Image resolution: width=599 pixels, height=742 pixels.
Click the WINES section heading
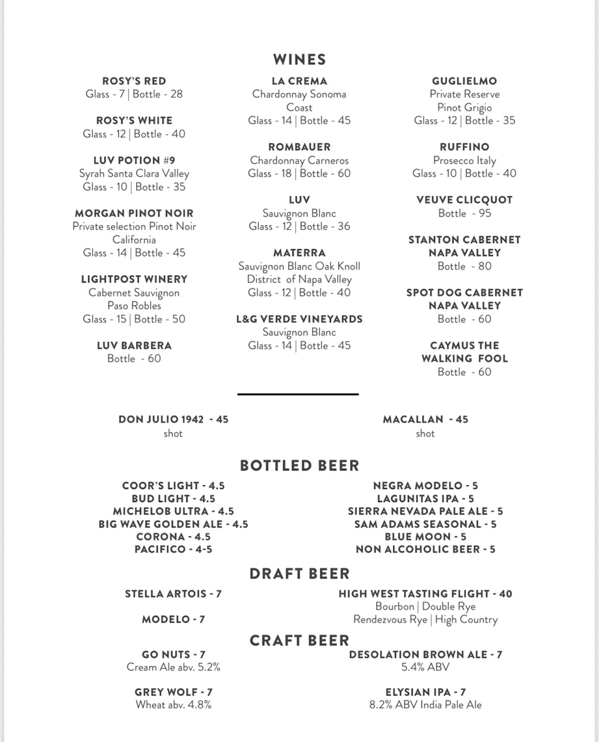[x=299, y=59]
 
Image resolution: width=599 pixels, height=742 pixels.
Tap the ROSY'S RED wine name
[x=134, y=81]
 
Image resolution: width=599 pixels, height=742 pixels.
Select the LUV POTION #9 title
[x=134, y=160]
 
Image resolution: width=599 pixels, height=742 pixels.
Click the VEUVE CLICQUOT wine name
[x=465, y=200]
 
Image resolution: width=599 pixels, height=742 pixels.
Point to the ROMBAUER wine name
[x=299, y=147]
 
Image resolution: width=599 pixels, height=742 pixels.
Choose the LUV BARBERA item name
[x=134, y=345]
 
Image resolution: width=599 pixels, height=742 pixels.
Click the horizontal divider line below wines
[x=298, y=393]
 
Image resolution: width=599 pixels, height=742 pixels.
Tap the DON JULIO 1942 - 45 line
[x=173, y=419]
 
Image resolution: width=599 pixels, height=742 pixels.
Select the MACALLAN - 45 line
[x=426, y=419]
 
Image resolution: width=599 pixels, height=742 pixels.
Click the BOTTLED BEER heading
[x=299, y=466]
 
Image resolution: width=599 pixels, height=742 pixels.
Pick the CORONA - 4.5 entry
[x=173, y=537]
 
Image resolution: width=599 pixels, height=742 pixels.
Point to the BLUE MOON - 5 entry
[x=426, y=537]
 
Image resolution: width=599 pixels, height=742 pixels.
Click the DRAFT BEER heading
[x=299, y=574]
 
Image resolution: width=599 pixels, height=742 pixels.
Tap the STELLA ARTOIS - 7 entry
[x=173, y=594]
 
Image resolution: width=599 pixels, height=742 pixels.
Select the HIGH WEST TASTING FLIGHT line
[x=426, y=594]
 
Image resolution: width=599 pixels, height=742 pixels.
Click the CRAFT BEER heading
[x=299, y=641]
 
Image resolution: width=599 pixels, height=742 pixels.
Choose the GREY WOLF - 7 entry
[x=173, y=692]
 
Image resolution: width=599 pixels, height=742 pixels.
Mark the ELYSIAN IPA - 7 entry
[x=426, y=692]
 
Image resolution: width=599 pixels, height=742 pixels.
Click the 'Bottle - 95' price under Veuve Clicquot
[x=465, y=213]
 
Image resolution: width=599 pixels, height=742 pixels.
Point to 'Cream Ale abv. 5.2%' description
[x=173, y=667]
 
